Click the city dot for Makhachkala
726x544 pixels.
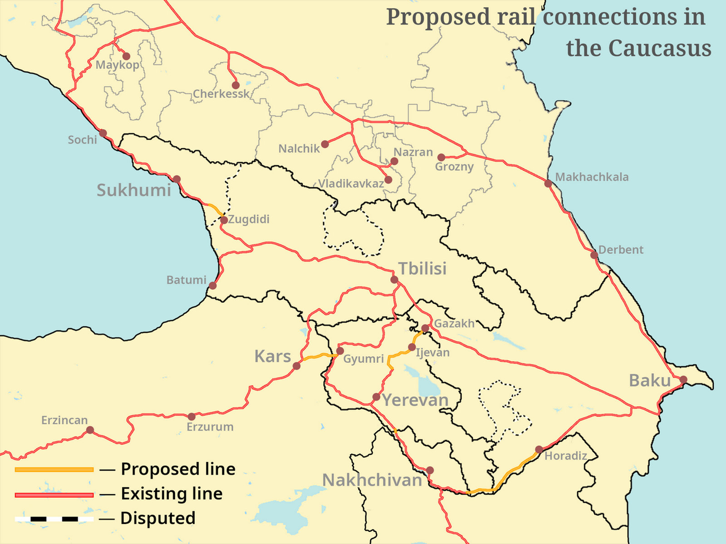(x=548, y=184)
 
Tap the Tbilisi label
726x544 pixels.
(x=422, y=268)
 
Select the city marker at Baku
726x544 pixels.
(x=683, y=380)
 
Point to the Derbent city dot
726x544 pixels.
(x=594, y=255)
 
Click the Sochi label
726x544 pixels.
(x=83, y=140)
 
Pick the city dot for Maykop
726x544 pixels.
(x=127, y=56)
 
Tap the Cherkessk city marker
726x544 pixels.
(x=235, y=85)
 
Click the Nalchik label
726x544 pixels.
(x=299, y=149)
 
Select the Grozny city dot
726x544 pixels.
(x=441, y=157)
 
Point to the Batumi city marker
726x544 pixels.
(x=212, y=286)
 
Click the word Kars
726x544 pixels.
(x=272, y=356)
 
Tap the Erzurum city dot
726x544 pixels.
(x=191, y=417)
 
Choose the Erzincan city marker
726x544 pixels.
(x=90, y=430)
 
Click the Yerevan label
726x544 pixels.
(x=415, y=400)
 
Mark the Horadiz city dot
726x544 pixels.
(x=539, y=450)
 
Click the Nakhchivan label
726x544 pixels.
(x=372, y=480)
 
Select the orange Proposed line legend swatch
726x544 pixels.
(x=54, y=470)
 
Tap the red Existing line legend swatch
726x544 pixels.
(x=54, y=495)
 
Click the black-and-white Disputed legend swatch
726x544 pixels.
(x=54, y=519)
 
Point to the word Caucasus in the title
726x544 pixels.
(x=660, y=48)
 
